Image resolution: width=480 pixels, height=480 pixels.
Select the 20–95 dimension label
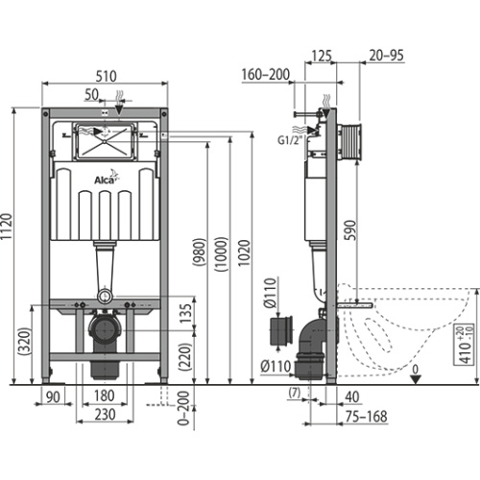tap(386, 55)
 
